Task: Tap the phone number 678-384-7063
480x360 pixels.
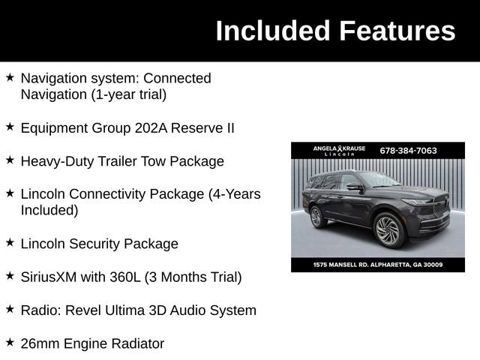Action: tap(408, 150)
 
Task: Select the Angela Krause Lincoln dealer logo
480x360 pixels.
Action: tap(339, 151)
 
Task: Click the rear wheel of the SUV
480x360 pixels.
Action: tap(316, 217)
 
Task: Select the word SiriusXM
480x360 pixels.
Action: tap(49, 277)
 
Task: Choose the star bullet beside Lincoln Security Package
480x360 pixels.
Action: tap(10, 242)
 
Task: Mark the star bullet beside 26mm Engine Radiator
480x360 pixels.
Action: tap(10, 342)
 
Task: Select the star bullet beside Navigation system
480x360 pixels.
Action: tap(10, 76)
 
